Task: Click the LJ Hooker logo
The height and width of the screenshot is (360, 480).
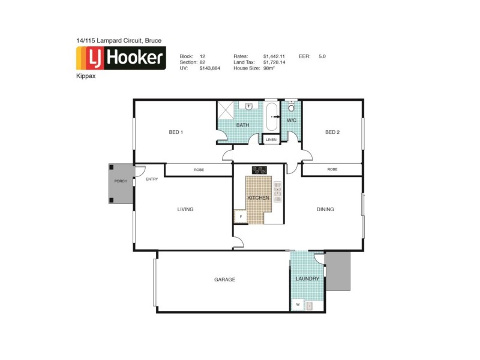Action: tap(120, 58)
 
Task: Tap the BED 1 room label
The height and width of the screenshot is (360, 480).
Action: tap(176, 132)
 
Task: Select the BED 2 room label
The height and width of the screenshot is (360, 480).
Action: tap(332, 132)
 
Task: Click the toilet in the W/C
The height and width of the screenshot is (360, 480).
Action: tap(292, 108)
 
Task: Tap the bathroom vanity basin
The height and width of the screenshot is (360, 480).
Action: tap(249, 106)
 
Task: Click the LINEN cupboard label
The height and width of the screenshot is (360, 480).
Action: tap(271, 140)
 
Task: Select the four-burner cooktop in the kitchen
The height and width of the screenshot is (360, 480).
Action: tap(259, 170)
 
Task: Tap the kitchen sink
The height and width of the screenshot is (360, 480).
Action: tap(277, 189)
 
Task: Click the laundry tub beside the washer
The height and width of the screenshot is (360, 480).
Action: tap(310, 305)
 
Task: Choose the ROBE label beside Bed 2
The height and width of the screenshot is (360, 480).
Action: tap(332, 170)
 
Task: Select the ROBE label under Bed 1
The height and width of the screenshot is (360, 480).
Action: tap(199, 170)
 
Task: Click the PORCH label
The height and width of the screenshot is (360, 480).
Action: tap(121, 181)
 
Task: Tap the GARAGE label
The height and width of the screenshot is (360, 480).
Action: tap(224, 280)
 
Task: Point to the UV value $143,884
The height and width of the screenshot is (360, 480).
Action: tap(209, 68)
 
